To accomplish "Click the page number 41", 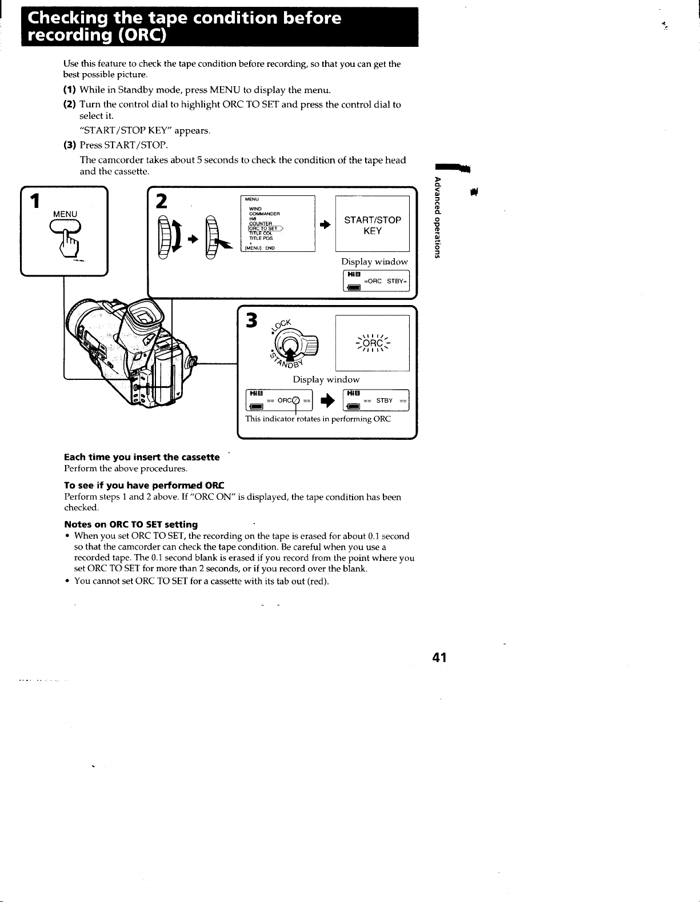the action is point(439,657).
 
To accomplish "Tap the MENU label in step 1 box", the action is point(65,214).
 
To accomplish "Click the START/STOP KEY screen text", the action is point(373,226).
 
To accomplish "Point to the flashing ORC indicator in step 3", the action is point(373,343).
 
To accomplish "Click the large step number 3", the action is point(251,320).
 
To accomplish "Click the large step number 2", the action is point(161,201).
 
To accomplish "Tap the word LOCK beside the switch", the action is point(282,327).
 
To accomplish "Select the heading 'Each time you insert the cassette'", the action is point(142,457).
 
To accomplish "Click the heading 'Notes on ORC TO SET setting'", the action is point(131,524).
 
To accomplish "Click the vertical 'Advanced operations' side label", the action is point(437,218).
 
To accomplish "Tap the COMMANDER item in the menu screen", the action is point(265,214).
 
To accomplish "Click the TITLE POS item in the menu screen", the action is point(261,238).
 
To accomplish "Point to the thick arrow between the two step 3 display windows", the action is point(327,400).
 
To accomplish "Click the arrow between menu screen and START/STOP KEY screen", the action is point(325,225).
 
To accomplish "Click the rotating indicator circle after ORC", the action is point(295,400).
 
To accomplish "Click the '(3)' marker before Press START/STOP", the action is point(69,145).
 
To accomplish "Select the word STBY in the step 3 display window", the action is point(384,400).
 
